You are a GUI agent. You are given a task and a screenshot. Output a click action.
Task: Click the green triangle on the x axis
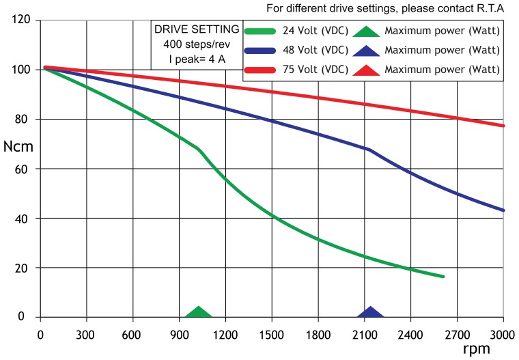pos(199,313)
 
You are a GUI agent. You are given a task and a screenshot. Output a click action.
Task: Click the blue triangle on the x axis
pos(371,313)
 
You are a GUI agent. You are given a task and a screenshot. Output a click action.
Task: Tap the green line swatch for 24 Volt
pos(270,31)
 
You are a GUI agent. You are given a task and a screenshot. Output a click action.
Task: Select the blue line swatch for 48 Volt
pos(270,50)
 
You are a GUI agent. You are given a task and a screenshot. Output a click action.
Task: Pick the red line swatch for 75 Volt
pos(270,70)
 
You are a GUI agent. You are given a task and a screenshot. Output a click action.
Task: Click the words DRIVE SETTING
pos(196,30)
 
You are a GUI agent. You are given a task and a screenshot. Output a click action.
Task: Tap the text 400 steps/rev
pos(196,44)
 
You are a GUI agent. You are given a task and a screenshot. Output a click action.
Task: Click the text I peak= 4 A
pos(196,59)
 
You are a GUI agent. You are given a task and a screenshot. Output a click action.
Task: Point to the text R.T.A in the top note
pos(490,8)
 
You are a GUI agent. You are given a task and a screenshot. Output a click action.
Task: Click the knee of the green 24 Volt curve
pos(198,148)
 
